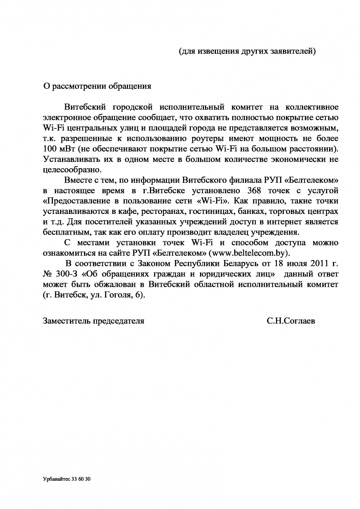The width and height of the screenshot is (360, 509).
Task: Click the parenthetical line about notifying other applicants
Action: pyautogui.click(x=247, y=51)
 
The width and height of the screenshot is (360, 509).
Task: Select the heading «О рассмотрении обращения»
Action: pyautogui.click(x=97, y=85)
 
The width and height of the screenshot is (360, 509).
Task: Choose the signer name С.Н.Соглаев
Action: pyautogui.click(x=291, y=321)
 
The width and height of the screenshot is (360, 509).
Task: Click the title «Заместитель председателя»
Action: pyautogui.click(x=93, y=321)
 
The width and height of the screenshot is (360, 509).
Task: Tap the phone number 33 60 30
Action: pyautogui.click(x=82, y=480)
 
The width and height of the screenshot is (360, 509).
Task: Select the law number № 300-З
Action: pyautogui.click(x=62, y=274)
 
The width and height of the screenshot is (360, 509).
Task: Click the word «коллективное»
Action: pyautogui.click(x=312, y=107)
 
